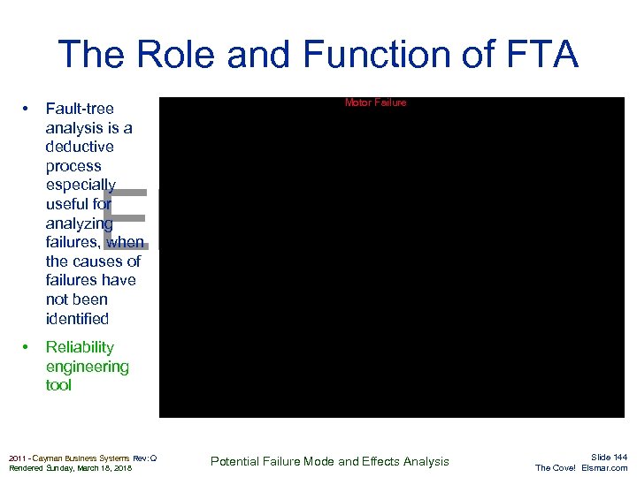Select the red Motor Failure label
(375, 102)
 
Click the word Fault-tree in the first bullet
(80, 110)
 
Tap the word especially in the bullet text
(81, 185)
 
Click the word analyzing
(79, 223)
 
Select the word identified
(77, 319)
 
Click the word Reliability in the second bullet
(80, 347)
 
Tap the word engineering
(87, 367)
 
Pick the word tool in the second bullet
(58, 385)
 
